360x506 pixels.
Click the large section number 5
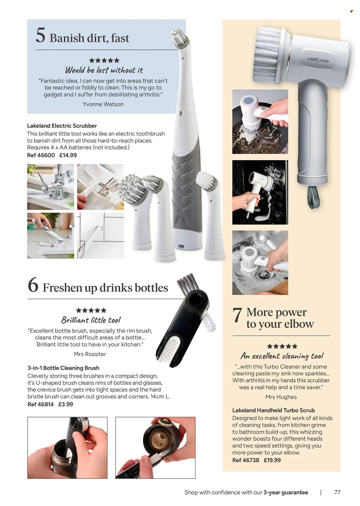tap(40, 35)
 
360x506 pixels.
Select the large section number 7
tap(237, 315)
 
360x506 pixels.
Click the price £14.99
tap(68, 155)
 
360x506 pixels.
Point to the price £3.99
tap(66, 404)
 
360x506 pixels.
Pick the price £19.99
tap(272, 460)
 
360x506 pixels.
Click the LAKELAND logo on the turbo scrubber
tap(318, 60)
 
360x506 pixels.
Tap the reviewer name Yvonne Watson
tap(103, 104)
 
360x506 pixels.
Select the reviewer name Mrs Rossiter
tap(90, 354)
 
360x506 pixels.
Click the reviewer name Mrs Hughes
tap(281, 397)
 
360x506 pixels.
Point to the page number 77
tap(337, 492)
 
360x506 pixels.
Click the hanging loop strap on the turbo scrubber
tap(313, 197)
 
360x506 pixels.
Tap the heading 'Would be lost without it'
tap(104, 70)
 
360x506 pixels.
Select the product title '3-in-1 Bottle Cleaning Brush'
tap(63, 368)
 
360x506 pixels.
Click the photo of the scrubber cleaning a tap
tap(51, 187)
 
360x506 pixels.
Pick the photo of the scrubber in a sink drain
tap(260, 263)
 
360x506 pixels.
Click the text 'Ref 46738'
tap(246, 460)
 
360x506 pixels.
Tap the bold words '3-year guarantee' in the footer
tap(286, 492)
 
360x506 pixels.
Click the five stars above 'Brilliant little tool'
tap(91, 310)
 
